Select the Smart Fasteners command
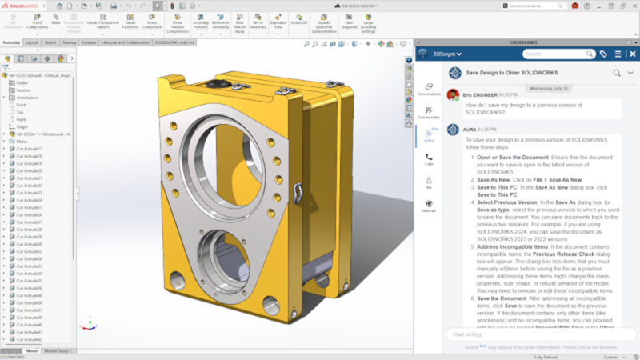click(130, 20)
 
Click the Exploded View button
click(278, 20)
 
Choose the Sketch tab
click(50, 42)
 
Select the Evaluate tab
click(89, 42)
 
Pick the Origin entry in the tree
click(22, 126)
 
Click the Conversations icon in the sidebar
click(430, 88)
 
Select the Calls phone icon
click(430, 158)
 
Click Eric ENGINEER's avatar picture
click(453, 95)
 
